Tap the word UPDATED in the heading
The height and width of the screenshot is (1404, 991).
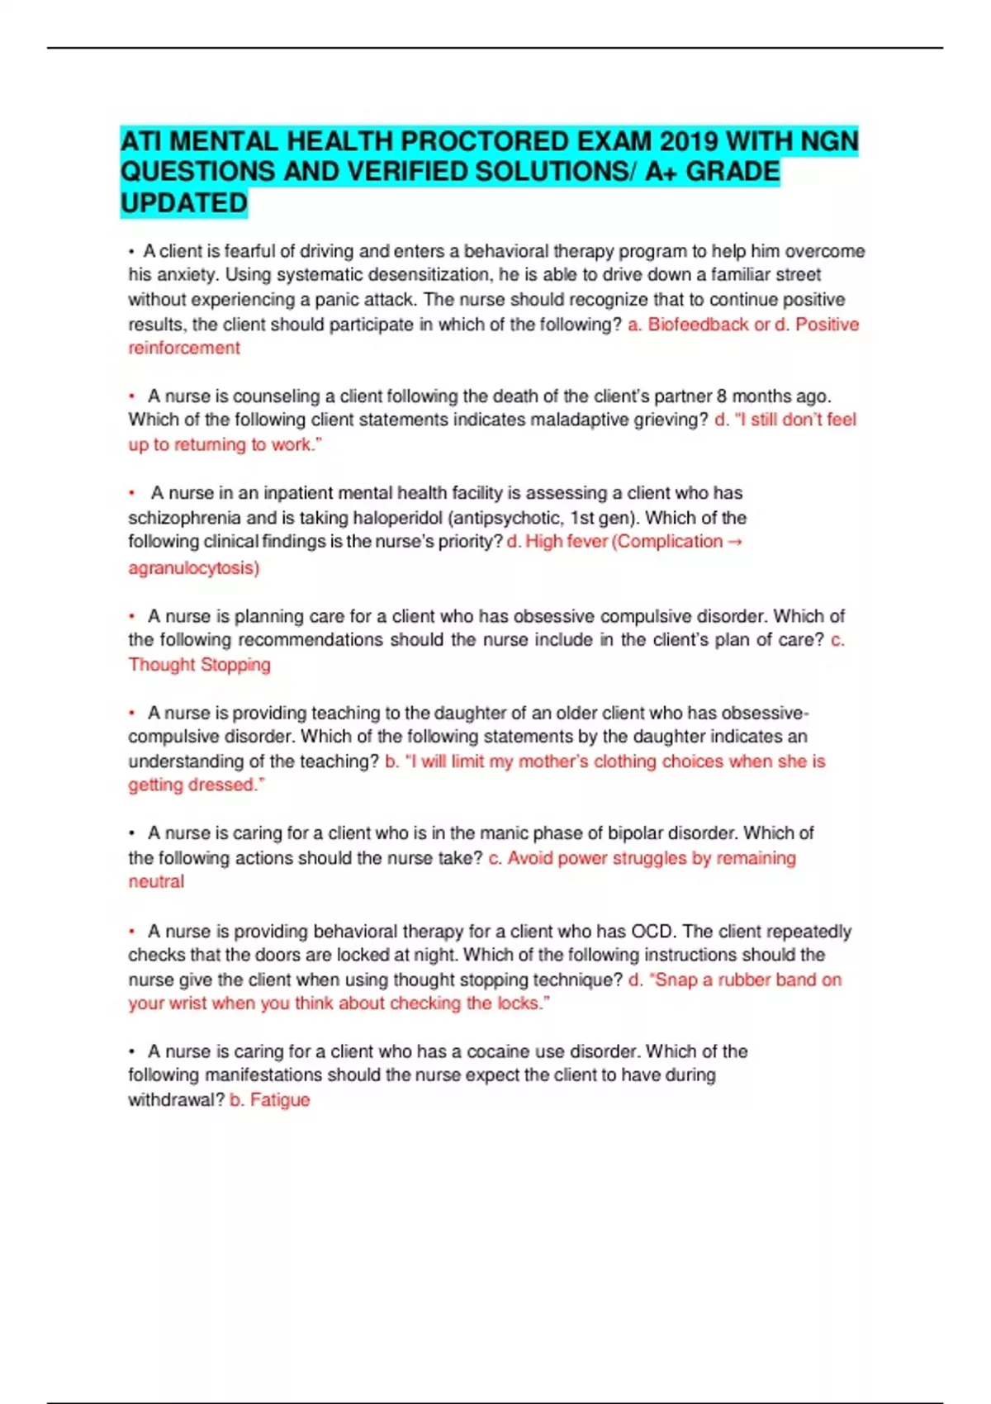pos(183,203)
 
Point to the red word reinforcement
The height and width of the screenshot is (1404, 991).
pos(183,348)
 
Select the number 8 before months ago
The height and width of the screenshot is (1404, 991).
pos(722,396)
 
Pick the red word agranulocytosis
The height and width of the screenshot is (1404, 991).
pos(192,567)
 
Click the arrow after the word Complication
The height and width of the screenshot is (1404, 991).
pos(735,542)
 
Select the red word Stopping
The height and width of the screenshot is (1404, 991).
pos(235,664)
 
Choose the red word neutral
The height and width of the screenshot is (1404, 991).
pos(156,881)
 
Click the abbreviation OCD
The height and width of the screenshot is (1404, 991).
pos(652,931)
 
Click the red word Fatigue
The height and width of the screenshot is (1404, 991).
pos(280,1100)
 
